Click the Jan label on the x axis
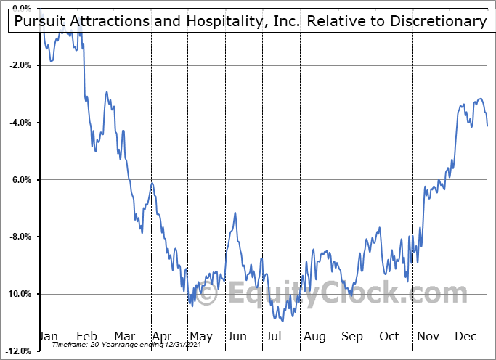(48, 336)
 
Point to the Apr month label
(161, 336)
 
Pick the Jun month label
(237, 336)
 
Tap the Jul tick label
(274, 336)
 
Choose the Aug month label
(315, 336)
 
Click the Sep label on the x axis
(352, 336)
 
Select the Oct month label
(389, 336)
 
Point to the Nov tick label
(428, 336)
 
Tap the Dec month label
(465, 336)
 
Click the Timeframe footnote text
(74, 345)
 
